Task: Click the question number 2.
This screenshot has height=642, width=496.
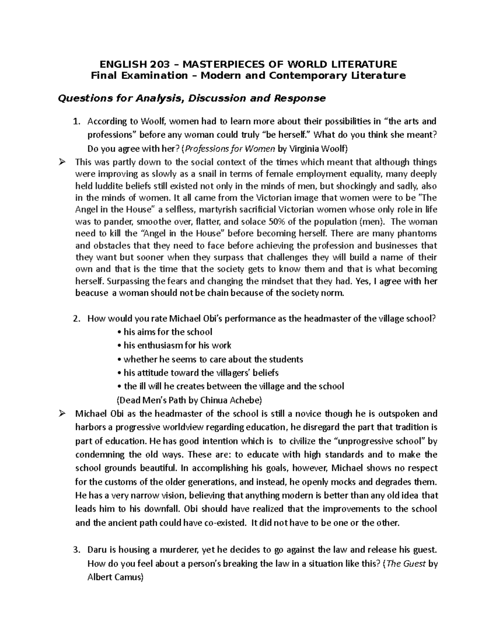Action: point(75,319)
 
